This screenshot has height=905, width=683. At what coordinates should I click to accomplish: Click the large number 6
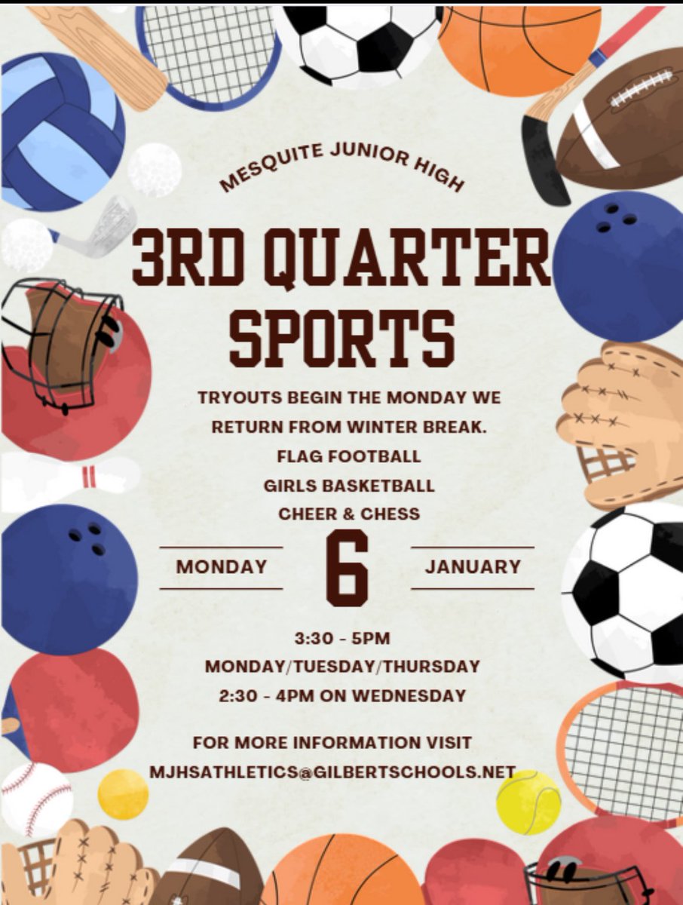(347, 567)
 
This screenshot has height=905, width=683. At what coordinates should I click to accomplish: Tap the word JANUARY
(473, 566)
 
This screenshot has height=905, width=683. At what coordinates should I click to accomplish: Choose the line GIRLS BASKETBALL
(349, 486)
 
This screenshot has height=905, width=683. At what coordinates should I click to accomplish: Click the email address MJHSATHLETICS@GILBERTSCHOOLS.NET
(332, 772)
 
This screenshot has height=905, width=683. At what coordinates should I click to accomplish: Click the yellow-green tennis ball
(528, 802)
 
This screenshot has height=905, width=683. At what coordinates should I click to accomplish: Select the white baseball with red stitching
(35, 799)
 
